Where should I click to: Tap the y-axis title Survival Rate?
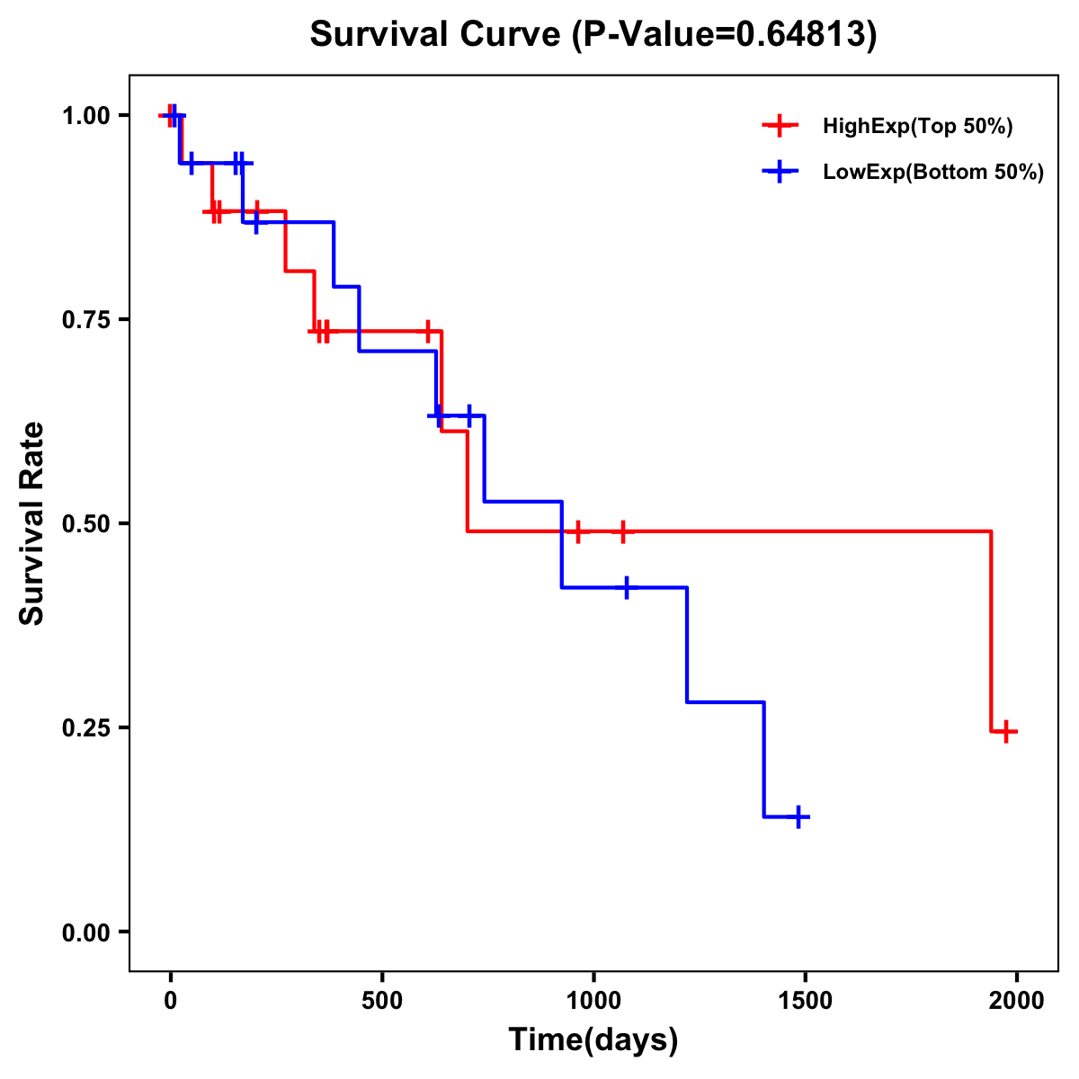click(x=32, y=522)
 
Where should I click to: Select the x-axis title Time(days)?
click(x=593, y=1040)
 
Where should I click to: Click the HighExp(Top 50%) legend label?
click(x=917, y=127)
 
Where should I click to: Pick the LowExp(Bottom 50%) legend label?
click(x=933, y=173)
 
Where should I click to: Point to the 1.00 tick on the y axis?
click(x=85, y=115)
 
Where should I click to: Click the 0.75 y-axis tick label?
click(x=85, y=319)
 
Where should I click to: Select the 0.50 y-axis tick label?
click(x=85, y=523)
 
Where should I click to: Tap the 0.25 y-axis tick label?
click(x=85, y=727)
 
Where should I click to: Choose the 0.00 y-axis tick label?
click(x=85, y=932)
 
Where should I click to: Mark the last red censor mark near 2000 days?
click(x=1006, y=732)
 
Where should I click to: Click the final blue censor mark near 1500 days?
click(x=798, y=816)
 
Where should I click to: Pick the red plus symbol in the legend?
click(x=780, y=127)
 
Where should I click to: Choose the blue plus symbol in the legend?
click(x=780, y=173)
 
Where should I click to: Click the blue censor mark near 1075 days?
click(x=626, y=587)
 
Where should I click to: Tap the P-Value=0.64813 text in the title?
click(x=724, y=35)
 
